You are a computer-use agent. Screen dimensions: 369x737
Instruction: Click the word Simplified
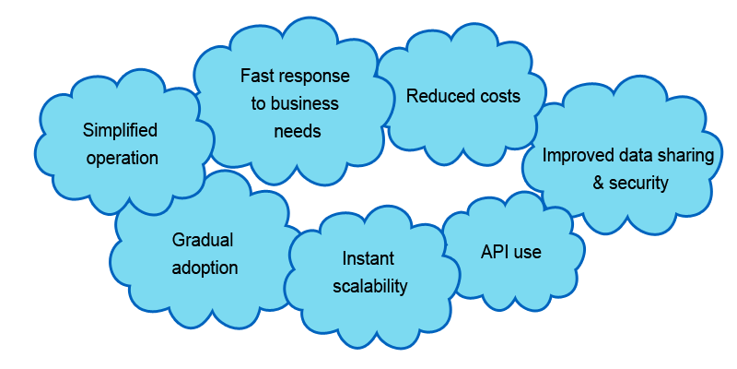coord(121,130)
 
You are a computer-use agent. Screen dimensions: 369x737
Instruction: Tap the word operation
coord(123,158)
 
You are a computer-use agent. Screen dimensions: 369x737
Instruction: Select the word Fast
coord(257,76)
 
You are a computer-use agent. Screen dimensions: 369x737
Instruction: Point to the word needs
coord(298,131)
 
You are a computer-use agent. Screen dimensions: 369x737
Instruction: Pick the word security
coord(639,183)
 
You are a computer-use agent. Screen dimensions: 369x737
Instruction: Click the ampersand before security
coord(599,183)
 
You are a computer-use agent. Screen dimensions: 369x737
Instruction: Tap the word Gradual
coord(203,240)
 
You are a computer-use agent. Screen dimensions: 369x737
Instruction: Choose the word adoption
coord(205,268)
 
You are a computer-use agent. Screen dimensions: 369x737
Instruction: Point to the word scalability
coord(369,286)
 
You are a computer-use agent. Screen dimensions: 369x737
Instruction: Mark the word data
coord(637,155)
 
